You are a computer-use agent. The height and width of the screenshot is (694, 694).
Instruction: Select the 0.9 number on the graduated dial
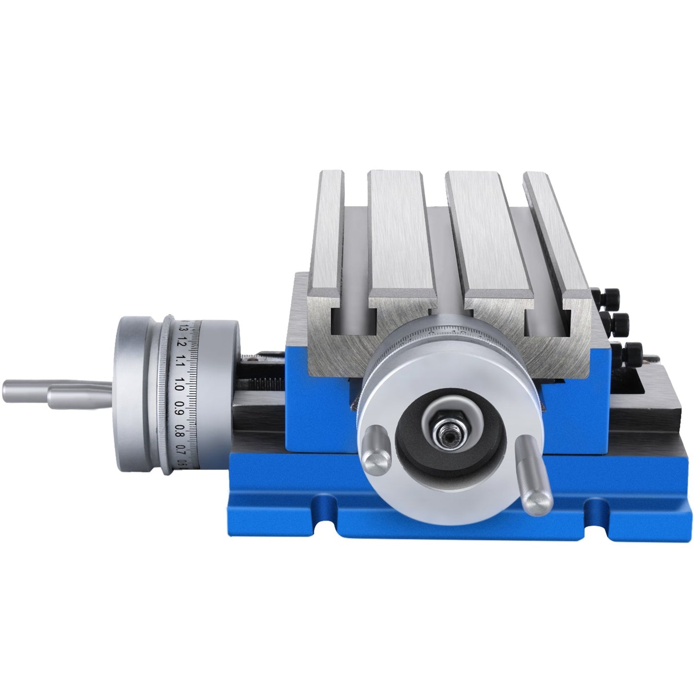click(x=179, y=406)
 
